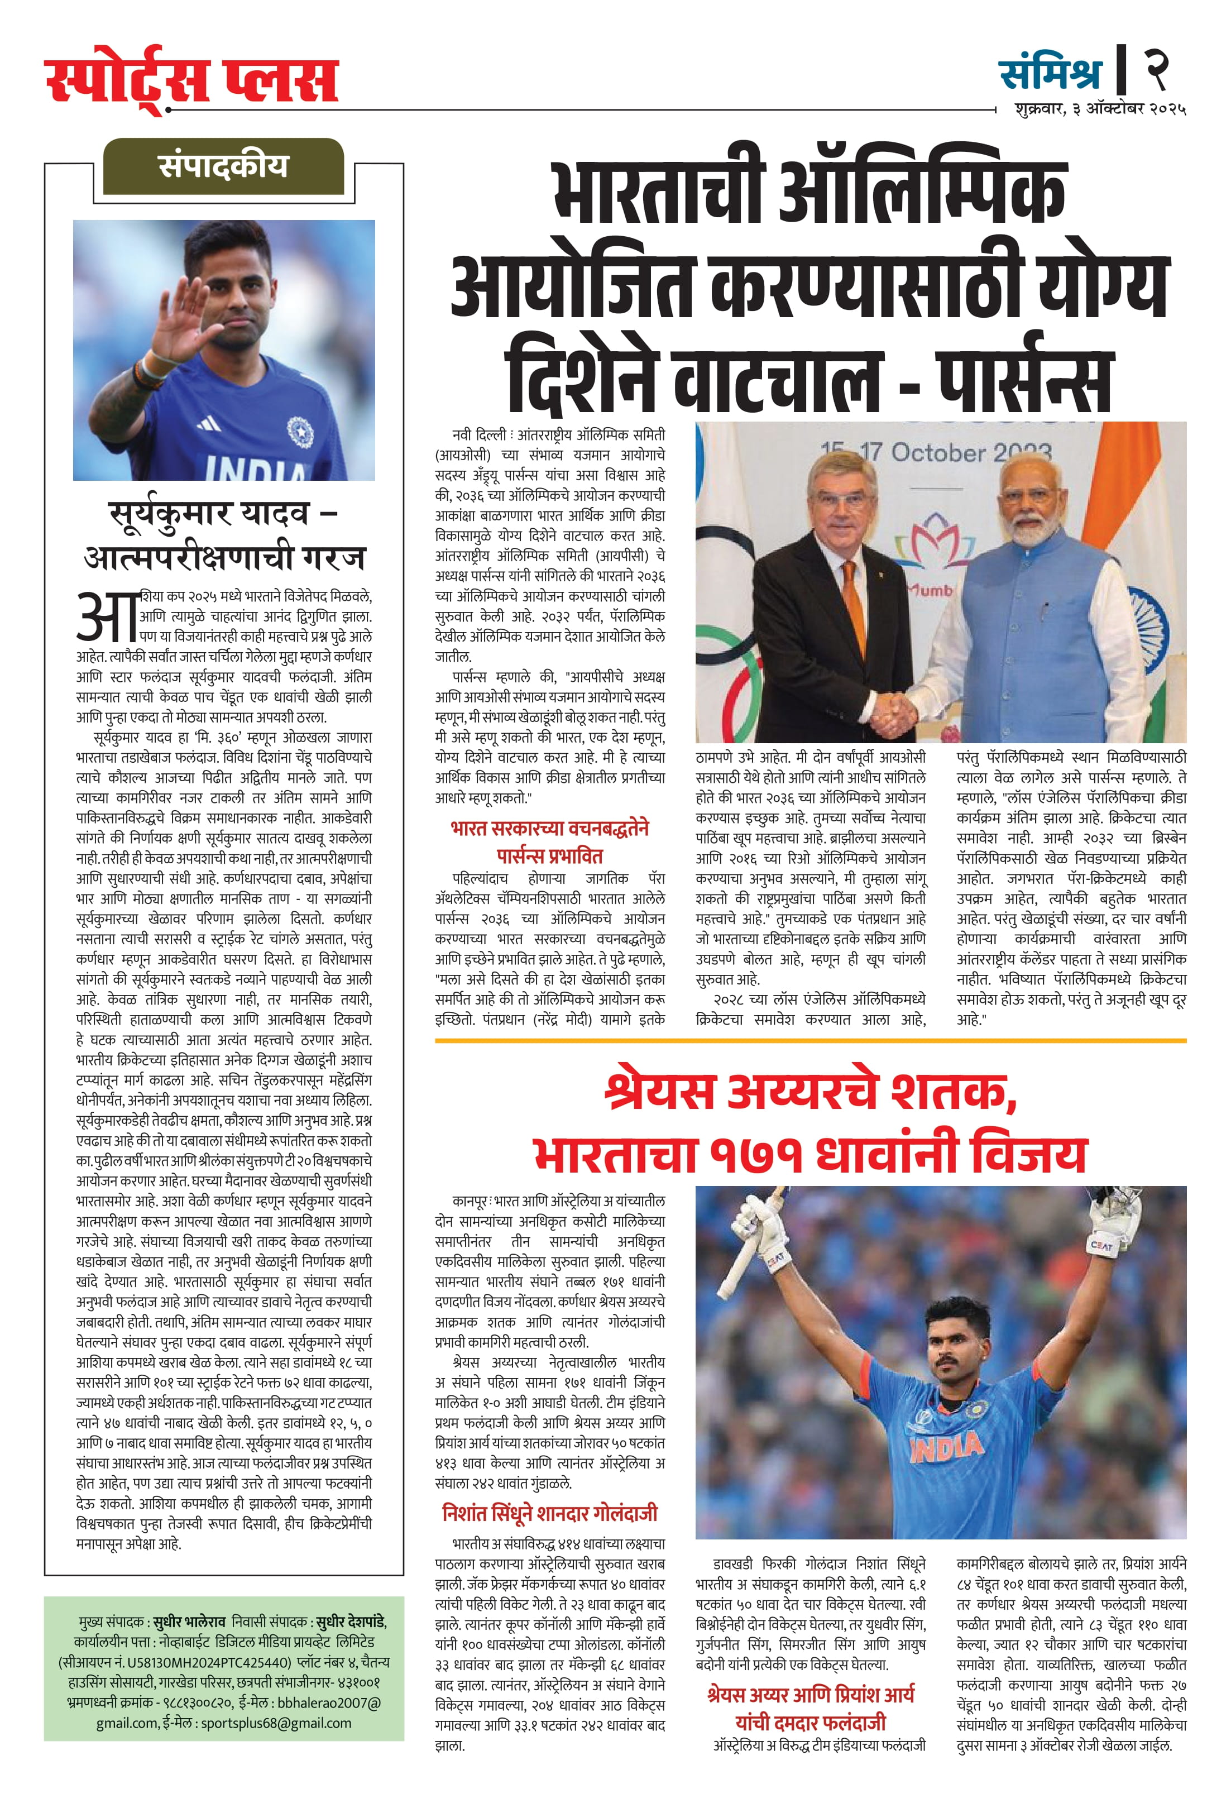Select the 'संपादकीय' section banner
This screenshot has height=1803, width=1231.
point(223,166)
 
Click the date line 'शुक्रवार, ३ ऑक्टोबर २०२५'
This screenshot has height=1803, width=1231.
point(1100,109)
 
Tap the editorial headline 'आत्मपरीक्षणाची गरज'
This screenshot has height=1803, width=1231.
point(224,557)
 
